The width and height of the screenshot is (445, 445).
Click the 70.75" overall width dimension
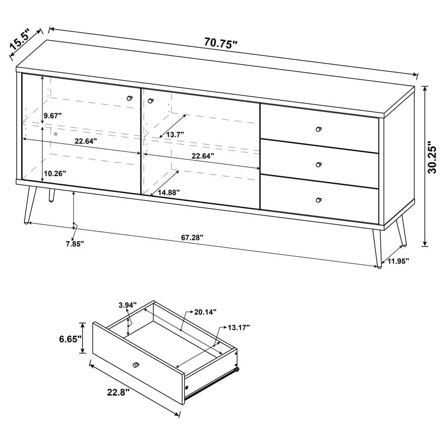pyautogui.click(x=221, y=43)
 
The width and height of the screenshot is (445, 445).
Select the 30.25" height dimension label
pyautogui.click(x=433, y=158)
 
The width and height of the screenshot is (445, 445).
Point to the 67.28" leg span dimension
pyautogui.click(x=192, y=238)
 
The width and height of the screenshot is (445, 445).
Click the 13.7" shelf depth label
pyautogui.click(x=175, y=134)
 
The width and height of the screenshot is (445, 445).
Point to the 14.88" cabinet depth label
pyautogui.click(x=168, y=192)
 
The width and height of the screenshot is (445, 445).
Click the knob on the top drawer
pyautogui.click(x=318, y=129)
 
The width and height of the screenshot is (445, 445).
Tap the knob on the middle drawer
pyautogui.click(x=318, y=164)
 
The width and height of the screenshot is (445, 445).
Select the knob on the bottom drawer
pyautogui.click(x=318, y=200)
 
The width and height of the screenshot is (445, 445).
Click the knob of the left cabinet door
pyautogui.click(x=130, y=98)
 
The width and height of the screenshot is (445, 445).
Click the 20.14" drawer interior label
pyautogui.click(x=205, y=312)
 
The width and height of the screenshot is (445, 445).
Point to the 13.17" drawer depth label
pyautogui.click(x=239, y=327)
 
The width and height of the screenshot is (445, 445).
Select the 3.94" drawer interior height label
pyautogui.click(x=127, y=305)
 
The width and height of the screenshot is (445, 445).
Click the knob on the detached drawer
pyautogui.click(x=135, y=365)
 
